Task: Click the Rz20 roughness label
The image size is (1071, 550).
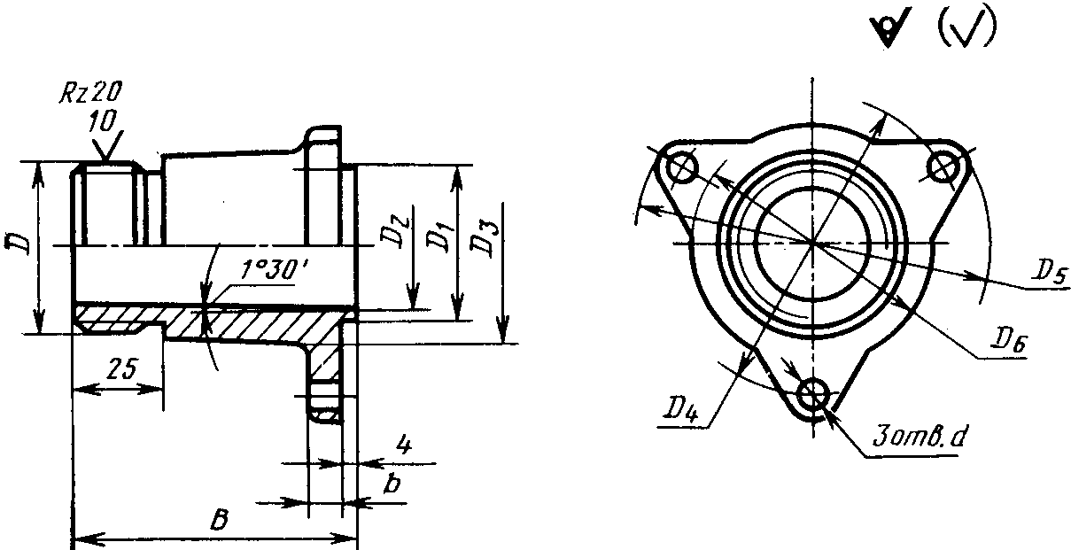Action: pos(90,91)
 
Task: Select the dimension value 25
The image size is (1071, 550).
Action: pos(121,368)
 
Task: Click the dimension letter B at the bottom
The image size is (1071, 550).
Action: pos(220,520)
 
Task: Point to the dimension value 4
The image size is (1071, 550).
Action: pos(404,445)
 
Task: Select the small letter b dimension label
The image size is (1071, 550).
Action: pos(392,484)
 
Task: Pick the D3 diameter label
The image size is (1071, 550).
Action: pos(485,240)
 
